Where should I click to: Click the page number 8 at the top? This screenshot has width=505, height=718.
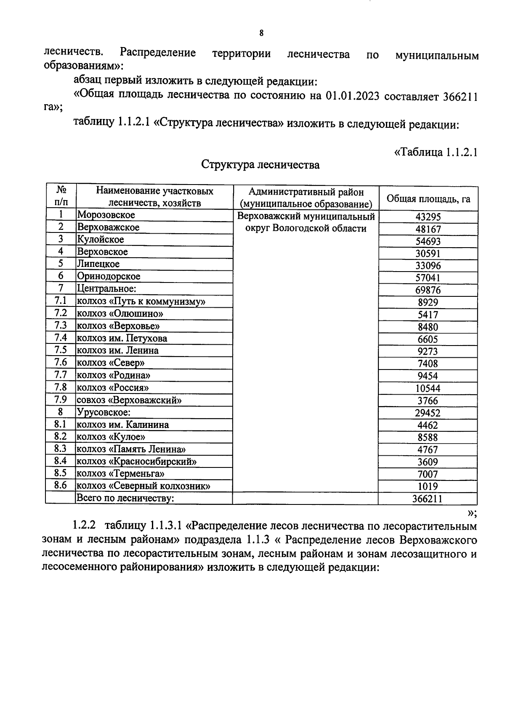pyautogui.click(x=261, y=33)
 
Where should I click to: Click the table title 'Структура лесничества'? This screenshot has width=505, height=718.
pyautogui.click(x=260, y=164)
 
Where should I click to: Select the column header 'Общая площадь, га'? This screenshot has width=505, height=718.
pyautogui.click(x=428, y=198)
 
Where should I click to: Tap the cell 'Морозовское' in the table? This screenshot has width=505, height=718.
pyautogui.click(x=106, y=215)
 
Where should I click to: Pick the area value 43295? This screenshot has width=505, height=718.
pyautogui.click(x=428, y=217)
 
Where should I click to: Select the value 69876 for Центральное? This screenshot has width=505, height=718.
pyautogui.click(x=428, y=290)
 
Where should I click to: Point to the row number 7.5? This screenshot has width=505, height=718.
pyautogui.click(x=61, y=350)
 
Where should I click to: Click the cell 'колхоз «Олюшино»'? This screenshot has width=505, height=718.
pyautogui.click(x=120, y=313)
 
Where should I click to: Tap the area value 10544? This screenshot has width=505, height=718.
pyautogui.click(x=428, y=388)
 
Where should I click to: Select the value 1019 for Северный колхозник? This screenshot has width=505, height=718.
pyautogui.click(x=428, y=486)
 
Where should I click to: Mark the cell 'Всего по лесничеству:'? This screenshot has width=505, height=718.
pyautogui.click(x=125, y=498)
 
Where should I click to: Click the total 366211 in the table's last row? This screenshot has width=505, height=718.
pyautogui.click(x=428, y=499)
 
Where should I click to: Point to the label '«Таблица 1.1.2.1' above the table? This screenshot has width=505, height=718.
pyautogui.click(x=435, y=152)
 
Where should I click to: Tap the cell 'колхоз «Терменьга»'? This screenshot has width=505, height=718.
pyautogui.click(x=120, y=473)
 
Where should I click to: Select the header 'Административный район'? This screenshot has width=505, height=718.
pyautogui.click(x=306, y=192)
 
